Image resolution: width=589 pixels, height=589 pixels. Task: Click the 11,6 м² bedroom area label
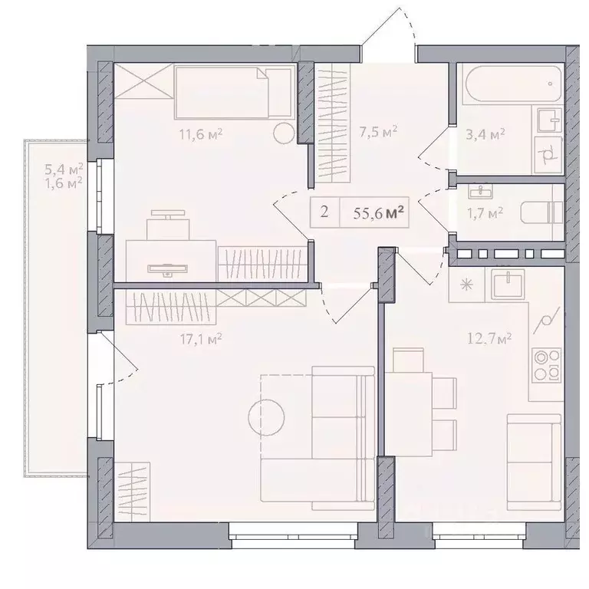201,133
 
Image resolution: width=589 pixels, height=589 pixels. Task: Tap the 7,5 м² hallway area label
378,132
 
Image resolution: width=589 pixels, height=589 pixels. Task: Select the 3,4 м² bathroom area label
485,134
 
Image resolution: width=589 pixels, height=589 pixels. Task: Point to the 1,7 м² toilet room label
485,214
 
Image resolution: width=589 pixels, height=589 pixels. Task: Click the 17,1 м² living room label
201,339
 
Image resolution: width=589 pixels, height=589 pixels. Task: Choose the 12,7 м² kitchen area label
489,339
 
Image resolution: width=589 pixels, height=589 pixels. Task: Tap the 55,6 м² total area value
378,213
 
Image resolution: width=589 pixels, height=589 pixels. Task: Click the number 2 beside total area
324,212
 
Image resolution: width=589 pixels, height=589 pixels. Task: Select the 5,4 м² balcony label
64,169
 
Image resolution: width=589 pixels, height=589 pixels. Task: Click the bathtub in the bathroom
513,84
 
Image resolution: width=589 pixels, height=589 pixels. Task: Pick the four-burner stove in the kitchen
547,364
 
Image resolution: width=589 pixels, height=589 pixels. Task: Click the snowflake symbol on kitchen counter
466,285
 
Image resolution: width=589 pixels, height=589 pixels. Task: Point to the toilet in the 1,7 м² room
541,212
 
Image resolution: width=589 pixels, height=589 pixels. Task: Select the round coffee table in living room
266,417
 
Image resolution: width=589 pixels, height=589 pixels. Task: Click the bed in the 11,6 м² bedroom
234,92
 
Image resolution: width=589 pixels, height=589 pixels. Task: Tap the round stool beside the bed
283,133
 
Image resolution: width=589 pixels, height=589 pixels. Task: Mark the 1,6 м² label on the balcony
64,183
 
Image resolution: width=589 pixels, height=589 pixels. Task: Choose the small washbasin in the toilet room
480,192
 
